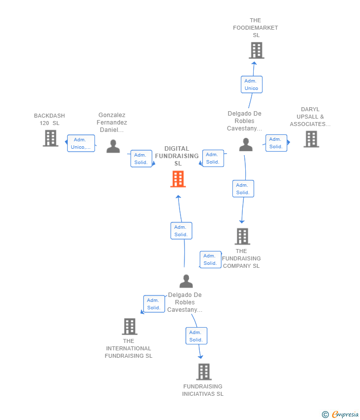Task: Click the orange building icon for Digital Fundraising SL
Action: pyautogui.click(x=178, y=179)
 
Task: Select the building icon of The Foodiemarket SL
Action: pyautogui.click(x=256, y=50)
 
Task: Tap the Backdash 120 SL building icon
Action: pyautogui.click(x=50, y=138)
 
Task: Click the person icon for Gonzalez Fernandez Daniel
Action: pyautogui.click(x=113, y=146)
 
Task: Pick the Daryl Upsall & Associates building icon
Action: pyautogui.click(x=311, y=139)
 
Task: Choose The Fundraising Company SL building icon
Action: pyautogui.click(x=242, y=237)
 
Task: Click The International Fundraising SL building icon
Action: pyautogui.click(x=130, y=327)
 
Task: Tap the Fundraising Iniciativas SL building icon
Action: pyautogui.click(x=204, y=372)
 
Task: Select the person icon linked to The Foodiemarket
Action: pyautogui.click(x=246, y=145)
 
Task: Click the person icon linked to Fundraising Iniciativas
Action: pyautogui.click(x=186, y=281)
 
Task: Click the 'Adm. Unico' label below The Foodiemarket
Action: pyautogui.click(x=251, y=84)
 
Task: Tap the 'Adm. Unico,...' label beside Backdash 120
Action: pyautogui.click(x=81, y=143)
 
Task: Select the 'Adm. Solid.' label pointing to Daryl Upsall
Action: pyautogui.click(x=276, y=143)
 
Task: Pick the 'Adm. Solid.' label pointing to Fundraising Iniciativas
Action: pyautogui.click(x=196, y=336)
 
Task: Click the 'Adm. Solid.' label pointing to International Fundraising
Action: pyautogui.click(x=154, y=304)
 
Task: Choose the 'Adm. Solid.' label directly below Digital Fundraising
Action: pyautogui.click(x=181, y=231)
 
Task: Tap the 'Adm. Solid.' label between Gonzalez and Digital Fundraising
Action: pyautogui.click(x=141, y=159)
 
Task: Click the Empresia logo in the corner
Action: pyautogui.click(x=340, y=414)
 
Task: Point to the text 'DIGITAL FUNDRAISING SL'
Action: pyautogui.click(x=177, y=156)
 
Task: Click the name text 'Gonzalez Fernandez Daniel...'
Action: pyautogui.click(x=112, y=123)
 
